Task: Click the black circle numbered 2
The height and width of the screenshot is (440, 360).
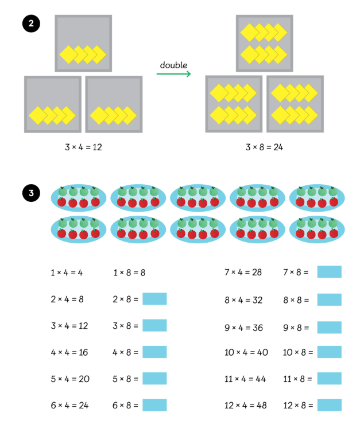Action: coord(30,24)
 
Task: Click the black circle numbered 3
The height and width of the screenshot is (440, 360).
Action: coord(30,193)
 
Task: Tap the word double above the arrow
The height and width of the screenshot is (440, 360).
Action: coord(173,65)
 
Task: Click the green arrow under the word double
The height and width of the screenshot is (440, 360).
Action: coord(173,74)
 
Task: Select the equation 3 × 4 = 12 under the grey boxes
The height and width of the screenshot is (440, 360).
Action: coord(83,147)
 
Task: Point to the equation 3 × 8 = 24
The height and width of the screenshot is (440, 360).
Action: coord(264,147)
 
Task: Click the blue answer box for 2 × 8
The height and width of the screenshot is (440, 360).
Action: coord(154,299)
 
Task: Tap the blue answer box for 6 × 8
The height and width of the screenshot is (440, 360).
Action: coord(154,405)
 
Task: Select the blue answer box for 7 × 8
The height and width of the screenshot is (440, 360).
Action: coord(329,272)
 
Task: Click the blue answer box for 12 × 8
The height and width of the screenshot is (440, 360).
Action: coord(329,405)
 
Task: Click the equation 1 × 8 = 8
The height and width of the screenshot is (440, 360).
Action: coord(129,272)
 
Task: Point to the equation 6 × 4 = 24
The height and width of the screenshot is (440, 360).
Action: coord(69,405)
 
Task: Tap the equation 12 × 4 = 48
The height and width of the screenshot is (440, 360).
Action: coord(246,405)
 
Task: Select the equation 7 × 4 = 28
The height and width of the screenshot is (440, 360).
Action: coord(243,272)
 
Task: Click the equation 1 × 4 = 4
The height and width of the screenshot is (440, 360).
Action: coord(67,272)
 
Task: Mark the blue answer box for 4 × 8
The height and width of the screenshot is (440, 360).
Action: coord(154,352)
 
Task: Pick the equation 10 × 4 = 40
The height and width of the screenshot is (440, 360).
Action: coord(246,352)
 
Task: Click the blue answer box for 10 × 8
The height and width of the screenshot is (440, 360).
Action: coord(329,352)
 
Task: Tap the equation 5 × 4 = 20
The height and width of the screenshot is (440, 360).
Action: coord(69,379)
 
